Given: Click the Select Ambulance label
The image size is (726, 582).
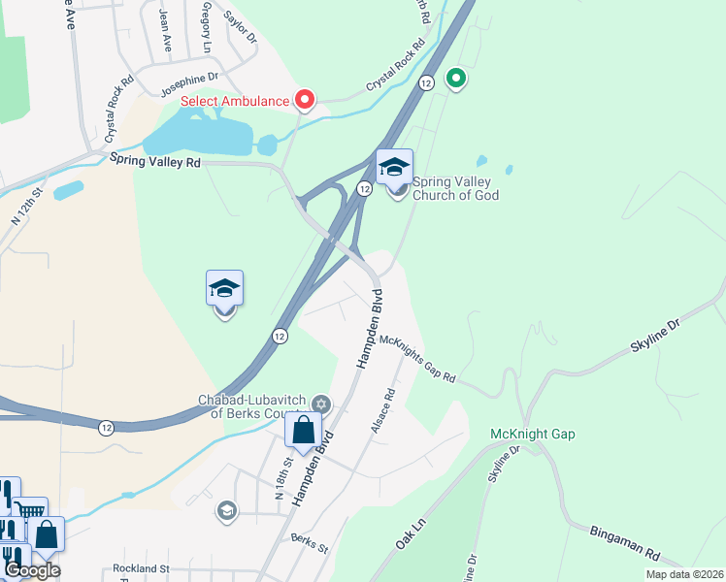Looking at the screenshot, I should point(235,101).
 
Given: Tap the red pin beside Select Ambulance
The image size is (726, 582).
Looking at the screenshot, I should point(305,99).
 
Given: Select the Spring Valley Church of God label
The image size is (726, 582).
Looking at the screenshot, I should point(455,188).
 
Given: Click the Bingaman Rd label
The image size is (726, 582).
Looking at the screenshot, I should point(625,542).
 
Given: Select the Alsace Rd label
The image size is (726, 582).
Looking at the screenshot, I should point(381,410).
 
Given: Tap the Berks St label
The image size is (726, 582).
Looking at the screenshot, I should point(310,542).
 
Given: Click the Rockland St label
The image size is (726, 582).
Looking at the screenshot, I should point(141,568).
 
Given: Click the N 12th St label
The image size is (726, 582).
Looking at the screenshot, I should point(28,208).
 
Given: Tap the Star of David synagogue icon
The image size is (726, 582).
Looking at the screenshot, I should point(321,405).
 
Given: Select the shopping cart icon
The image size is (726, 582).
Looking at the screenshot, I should point(30,510).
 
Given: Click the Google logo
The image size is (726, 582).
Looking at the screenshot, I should point(32,570).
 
